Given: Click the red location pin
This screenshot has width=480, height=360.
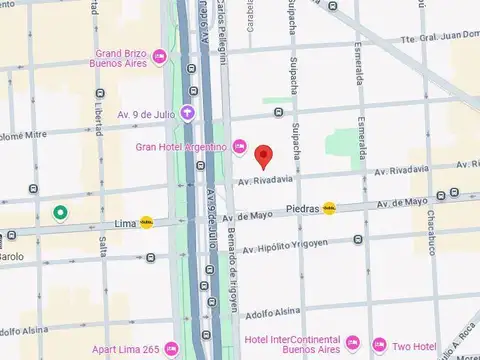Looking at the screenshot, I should coord(264,157).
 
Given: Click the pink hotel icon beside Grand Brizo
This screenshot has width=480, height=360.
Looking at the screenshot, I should coord(161,63).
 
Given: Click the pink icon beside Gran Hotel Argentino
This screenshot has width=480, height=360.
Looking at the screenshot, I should coord(240,148).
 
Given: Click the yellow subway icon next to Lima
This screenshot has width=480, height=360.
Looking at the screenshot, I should coord(147,222).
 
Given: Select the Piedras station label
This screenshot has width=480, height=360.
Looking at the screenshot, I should coord(302,209).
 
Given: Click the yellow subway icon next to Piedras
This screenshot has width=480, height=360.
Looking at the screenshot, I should coord(330,209).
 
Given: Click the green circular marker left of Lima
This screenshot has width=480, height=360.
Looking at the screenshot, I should coord(61,212).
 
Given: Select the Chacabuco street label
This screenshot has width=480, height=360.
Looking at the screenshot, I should coord(438,232).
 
